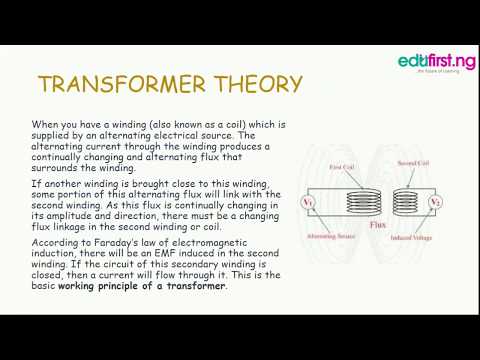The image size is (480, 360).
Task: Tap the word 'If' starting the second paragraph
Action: (x=36, y=183)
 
